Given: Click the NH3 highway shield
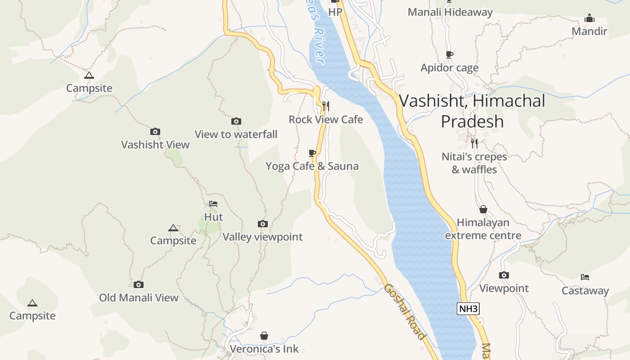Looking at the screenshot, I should pyautogui.click(x=468, y=309).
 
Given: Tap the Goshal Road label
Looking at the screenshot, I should pyautogui.click(x=404, y=312).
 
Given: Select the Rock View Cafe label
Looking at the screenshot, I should pyautogui.click(x=325, y=119).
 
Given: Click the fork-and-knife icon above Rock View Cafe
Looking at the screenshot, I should pyautogui.click(x=326, y=106).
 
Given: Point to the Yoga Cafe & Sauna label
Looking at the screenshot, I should pyautogui.click(x=312, y=166).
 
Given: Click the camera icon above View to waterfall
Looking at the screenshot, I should pyautogui.click(x=236, y=121).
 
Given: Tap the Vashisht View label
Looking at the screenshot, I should pyautogui.click(x=155, y=144).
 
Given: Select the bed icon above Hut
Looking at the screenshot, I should pyautogui.click(x=213, y=204).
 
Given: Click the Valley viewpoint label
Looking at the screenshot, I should pyautogui.click(x=262, y=237).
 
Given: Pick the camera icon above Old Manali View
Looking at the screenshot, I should pyautogui.click(x=139, y=284).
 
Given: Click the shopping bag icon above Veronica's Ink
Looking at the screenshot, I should pyautogui.click(x=264, y=336).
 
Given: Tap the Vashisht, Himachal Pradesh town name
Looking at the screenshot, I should pyautogui.click(x=472, y=111).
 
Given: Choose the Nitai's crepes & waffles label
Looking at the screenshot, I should pyautogui.click(x=474, y=163).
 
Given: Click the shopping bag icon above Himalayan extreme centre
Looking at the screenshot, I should pyautogui.click(x=483, y=209).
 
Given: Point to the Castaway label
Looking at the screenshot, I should pyautogui.click(x=585, y=291).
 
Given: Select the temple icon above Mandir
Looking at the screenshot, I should pyautogui.click(x=589, y=18).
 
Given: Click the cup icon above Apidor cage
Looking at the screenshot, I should pyautogui.click(x=449, y=55).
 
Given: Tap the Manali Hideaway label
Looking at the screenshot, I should pyautogui.click(x=450, y=12).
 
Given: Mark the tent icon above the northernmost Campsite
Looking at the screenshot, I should pyautogui.click(x=89, y=75).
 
